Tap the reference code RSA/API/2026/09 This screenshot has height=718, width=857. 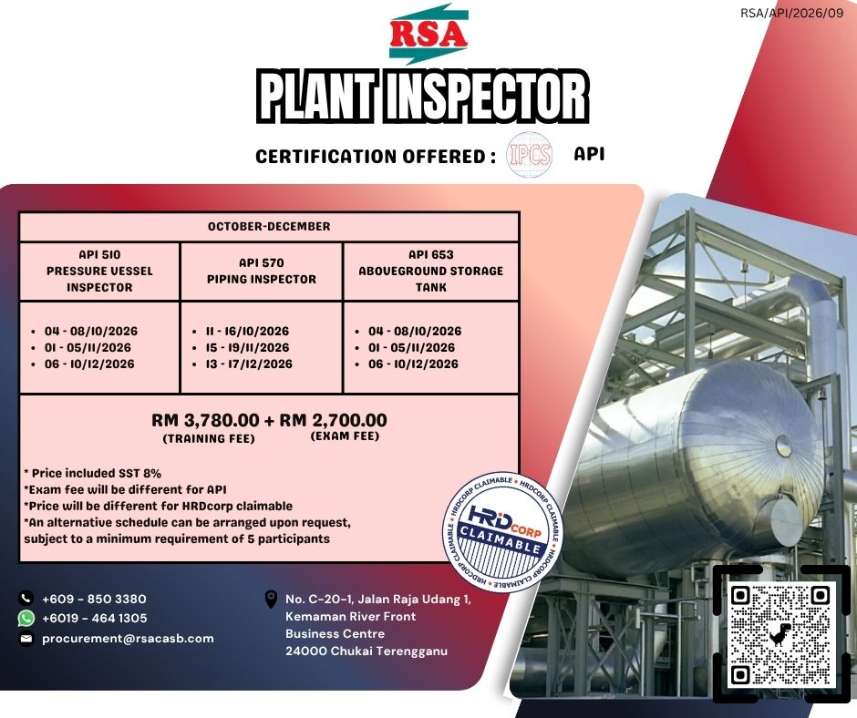point(792,13)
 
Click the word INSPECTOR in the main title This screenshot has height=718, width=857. point(490,97)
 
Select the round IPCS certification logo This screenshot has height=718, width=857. point(529,154)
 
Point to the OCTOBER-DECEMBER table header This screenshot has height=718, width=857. point(269,226)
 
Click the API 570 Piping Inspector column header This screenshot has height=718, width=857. point(262,271)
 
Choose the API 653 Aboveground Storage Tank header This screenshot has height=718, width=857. point(430,271)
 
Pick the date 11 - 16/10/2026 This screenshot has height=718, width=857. point(247,331)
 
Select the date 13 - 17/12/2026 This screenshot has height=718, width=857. point(249,364)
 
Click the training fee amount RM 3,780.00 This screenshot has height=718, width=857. point(205,420)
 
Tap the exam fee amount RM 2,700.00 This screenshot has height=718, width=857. point(334,420)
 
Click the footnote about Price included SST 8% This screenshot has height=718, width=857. point(92,473)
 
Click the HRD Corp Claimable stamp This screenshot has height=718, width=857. point(501,531)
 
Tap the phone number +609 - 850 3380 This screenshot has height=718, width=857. point(94,599)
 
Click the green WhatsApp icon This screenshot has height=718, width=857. point(26,618)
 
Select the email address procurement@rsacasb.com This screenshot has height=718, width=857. point(128,638)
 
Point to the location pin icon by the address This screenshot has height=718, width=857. point(271,599)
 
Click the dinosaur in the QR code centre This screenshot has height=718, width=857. point(780,634)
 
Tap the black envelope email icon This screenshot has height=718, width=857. point(26,638)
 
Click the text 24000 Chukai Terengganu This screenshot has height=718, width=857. point(367,651)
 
